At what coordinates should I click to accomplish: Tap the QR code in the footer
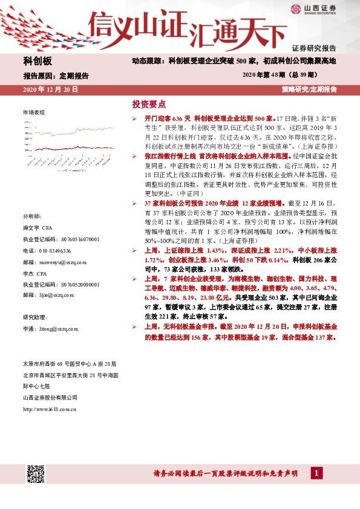(36, 474)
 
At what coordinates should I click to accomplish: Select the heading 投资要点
(149, 104)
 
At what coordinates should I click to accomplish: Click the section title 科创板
(38, 62)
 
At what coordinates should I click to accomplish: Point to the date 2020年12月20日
(50, 89)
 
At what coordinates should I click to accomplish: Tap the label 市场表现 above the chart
(34, 113)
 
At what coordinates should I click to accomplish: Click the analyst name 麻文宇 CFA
(36, 229)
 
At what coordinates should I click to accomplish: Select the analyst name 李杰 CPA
(35, 273)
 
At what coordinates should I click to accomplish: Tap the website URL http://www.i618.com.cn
(49, 409)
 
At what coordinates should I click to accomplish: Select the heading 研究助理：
(34, 317)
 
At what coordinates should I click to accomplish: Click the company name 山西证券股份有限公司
(50, 398)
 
